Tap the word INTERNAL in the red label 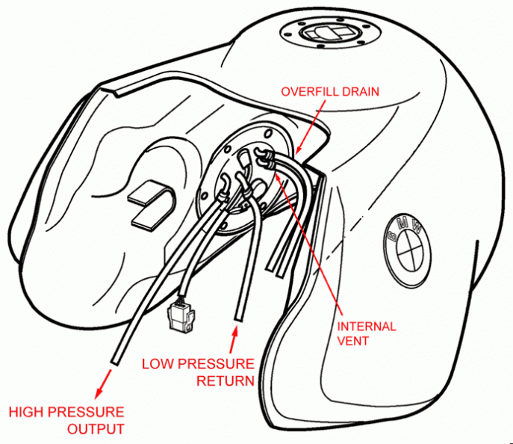(367, 327)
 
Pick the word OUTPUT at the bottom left (96, 428)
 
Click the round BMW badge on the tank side (409, 243)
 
